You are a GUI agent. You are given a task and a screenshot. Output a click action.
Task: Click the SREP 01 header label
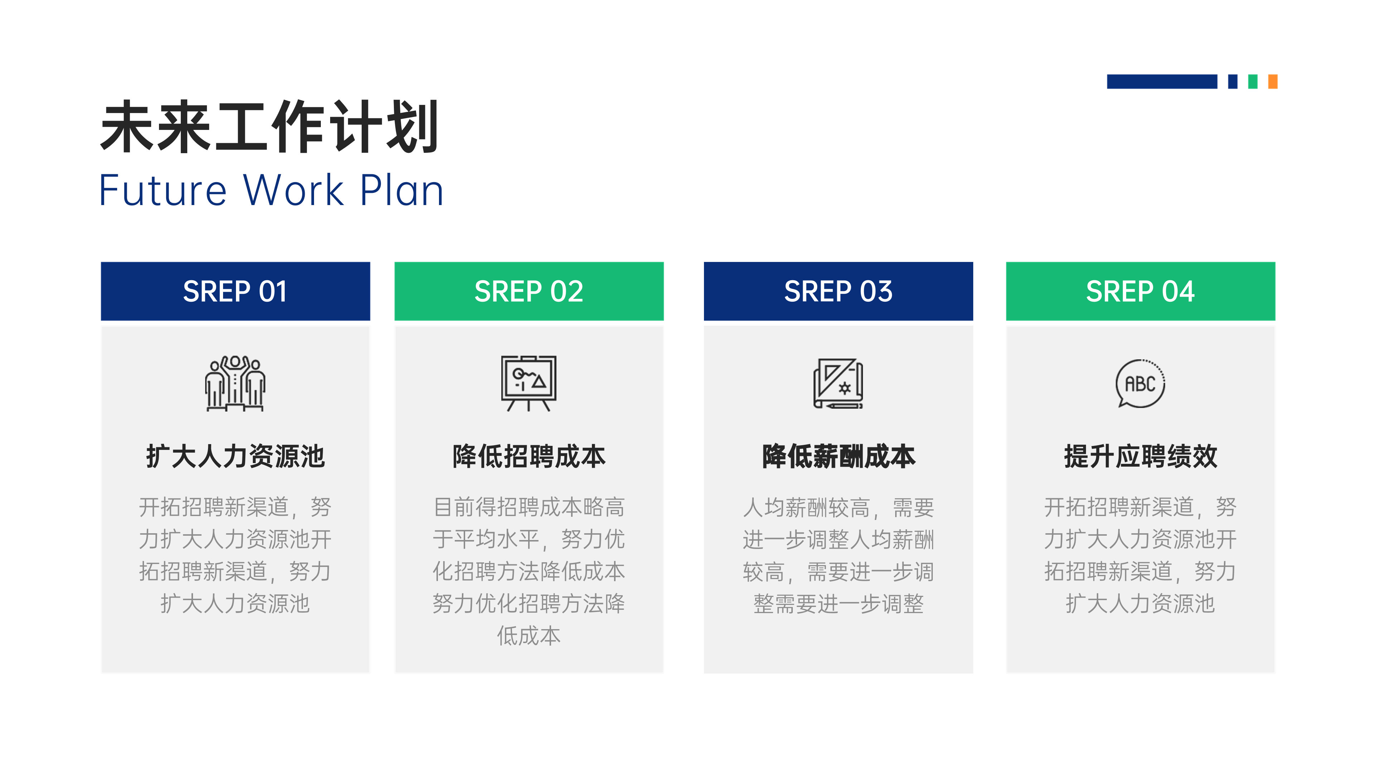point(235,291)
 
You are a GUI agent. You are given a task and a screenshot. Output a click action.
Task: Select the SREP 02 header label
point(529,291)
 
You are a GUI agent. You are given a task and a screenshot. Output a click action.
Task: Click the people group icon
point(235,384)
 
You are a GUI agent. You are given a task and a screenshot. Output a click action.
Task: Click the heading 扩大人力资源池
point(235,457)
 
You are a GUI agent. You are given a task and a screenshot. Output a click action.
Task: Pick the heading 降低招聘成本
point(529,457)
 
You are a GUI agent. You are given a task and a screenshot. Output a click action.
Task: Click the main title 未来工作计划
point(270,127)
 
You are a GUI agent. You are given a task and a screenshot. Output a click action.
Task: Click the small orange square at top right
point(1273,82)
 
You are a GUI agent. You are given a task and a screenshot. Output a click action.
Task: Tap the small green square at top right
point(1253,82)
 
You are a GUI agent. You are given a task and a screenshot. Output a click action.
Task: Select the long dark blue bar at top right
point(1162,82)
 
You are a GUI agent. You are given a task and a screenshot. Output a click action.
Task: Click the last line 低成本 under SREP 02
point(529,636)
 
